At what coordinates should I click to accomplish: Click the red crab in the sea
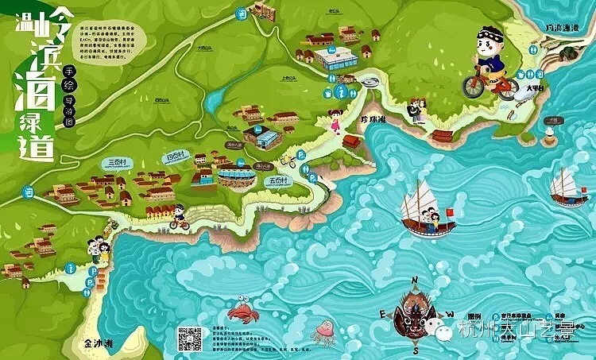pyautogui.click(x=239, y=308)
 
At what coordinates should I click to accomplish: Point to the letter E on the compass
pyautogui.click(x=382, y=315)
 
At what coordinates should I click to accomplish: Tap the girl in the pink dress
pyautogui.click(x=335, y=123)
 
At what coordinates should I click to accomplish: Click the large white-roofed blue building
pyautogui.click(x=335, y=57)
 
